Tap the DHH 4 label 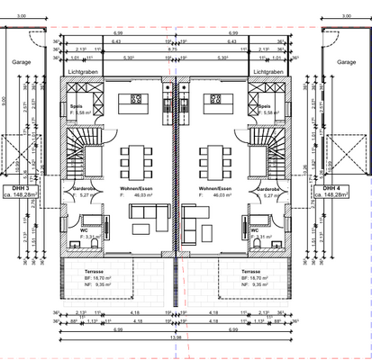click(x=345, y=186)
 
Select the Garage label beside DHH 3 click(x=16, y=62)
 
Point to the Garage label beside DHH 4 click(x=346, y=62)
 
